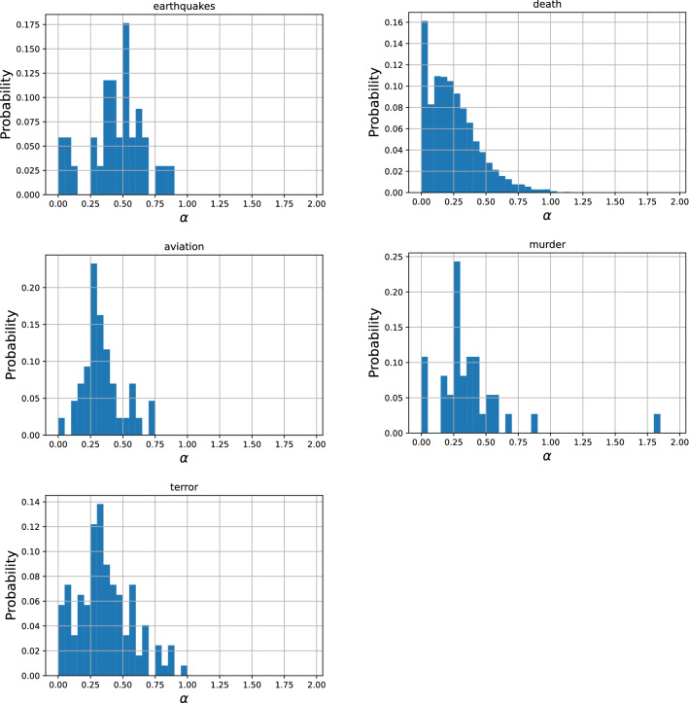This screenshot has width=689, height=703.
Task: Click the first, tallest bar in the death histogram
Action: coord(424,107)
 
